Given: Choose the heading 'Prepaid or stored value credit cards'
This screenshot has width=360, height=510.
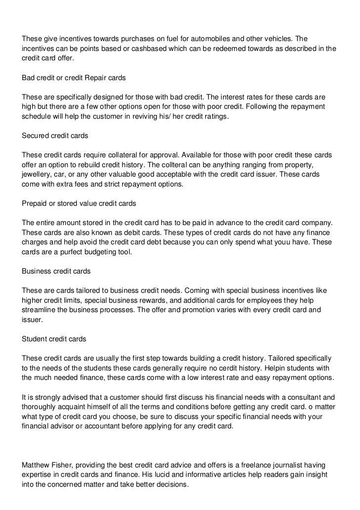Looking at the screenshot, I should (79, 203).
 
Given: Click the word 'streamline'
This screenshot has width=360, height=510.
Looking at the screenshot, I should (41, 310).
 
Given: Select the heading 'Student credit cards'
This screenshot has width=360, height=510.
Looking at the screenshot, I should (54, 339).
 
